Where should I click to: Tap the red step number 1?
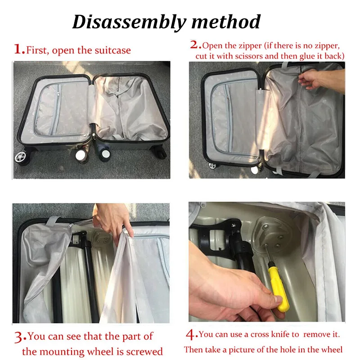click(x=19, y=49)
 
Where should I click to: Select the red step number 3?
click(x=19, y=336)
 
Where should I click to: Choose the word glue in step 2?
click(x=314, y=56)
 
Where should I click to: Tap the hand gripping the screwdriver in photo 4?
click(x=229, y=288)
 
